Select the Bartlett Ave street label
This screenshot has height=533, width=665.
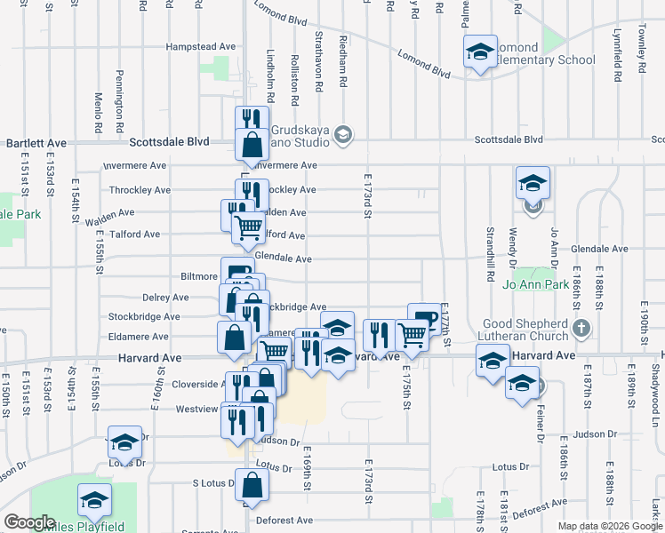pos(36,142)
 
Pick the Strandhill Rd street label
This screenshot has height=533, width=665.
pos(490,254)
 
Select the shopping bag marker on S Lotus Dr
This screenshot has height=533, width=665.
pos(252,486)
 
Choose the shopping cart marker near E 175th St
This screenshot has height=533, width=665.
pos(412,336)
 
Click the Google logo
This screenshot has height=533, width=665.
pos(29,522)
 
